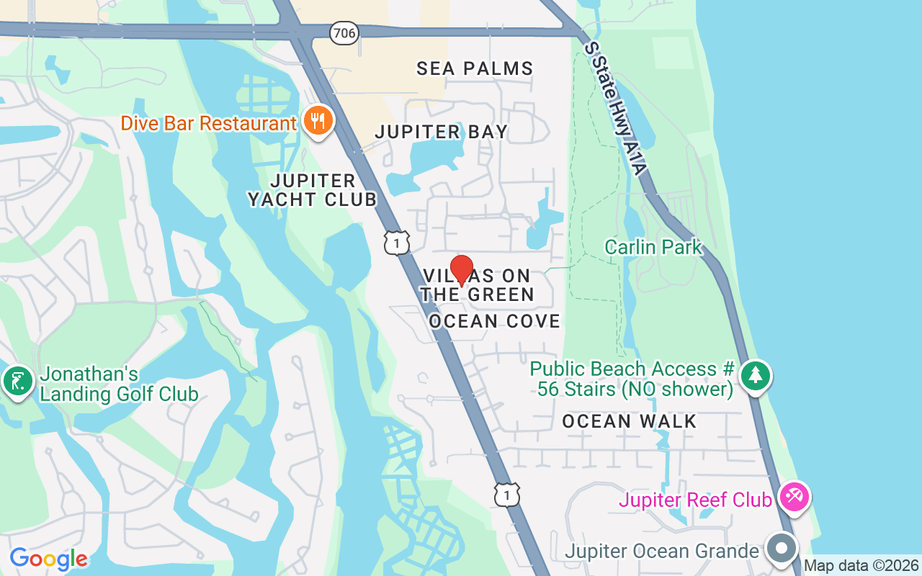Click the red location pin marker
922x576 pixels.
[x=462, y=269]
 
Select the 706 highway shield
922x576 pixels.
[x=344, y=32]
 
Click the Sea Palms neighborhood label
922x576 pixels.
[x=475, y=68]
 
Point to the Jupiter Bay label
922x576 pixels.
[x=442, y=132]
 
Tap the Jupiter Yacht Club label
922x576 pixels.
[x=313, y=190]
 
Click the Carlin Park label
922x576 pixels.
[x=653, y=247]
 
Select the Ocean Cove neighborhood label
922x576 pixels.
[x=495, y=321]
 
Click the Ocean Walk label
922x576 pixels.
[x=630, y=421]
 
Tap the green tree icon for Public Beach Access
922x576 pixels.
[x=755, y=375]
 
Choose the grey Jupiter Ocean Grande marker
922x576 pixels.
[x=780, y=549]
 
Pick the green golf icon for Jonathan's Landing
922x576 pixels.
[x=17, y=381]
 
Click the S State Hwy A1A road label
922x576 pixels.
[x=616, y=108]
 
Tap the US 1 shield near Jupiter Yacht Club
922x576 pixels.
[x=397, y=243]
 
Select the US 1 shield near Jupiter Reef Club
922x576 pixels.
[x=507, y=495]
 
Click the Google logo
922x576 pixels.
[x=49, y=558]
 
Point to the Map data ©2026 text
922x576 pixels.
[x=861, y=566]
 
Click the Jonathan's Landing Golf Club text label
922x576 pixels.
[x=119, y=384]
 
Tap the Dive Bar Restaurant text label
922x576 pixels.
[x=209, y=123]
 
